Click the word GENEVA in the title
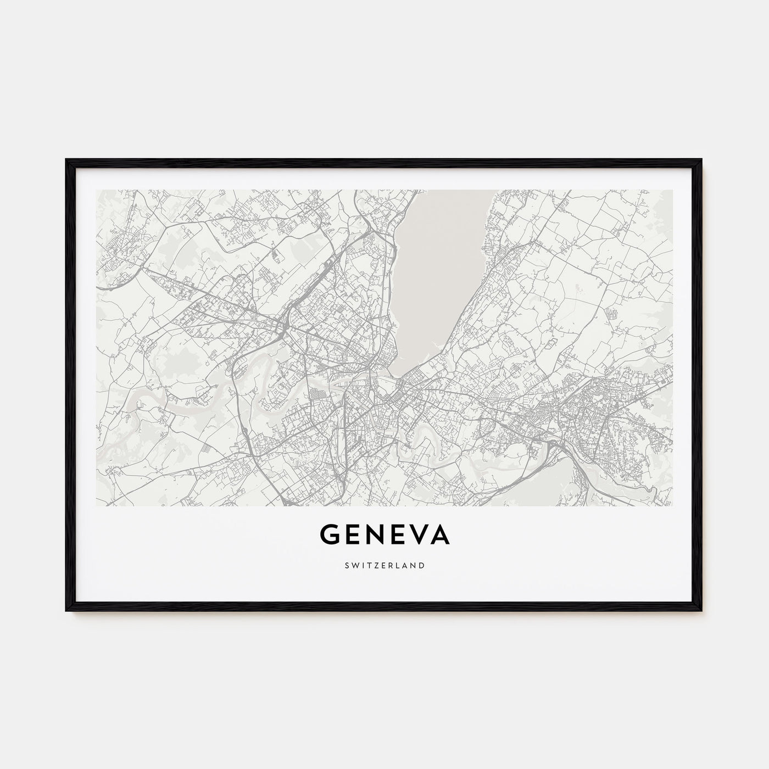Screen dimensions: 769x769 (x=384, y=534)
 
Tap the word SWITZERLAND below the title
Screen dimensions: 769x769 (x=384, y=565)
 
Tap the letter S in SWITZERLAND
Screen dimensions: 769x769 (x=347, y=565)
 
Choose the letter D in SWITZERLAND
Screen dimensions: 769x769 (x=421, y=565)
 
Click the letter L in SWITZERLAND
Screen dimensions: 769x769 (x=398, y=565)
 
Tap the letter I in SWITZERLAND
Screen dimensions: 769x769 (x=362, y=565)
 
